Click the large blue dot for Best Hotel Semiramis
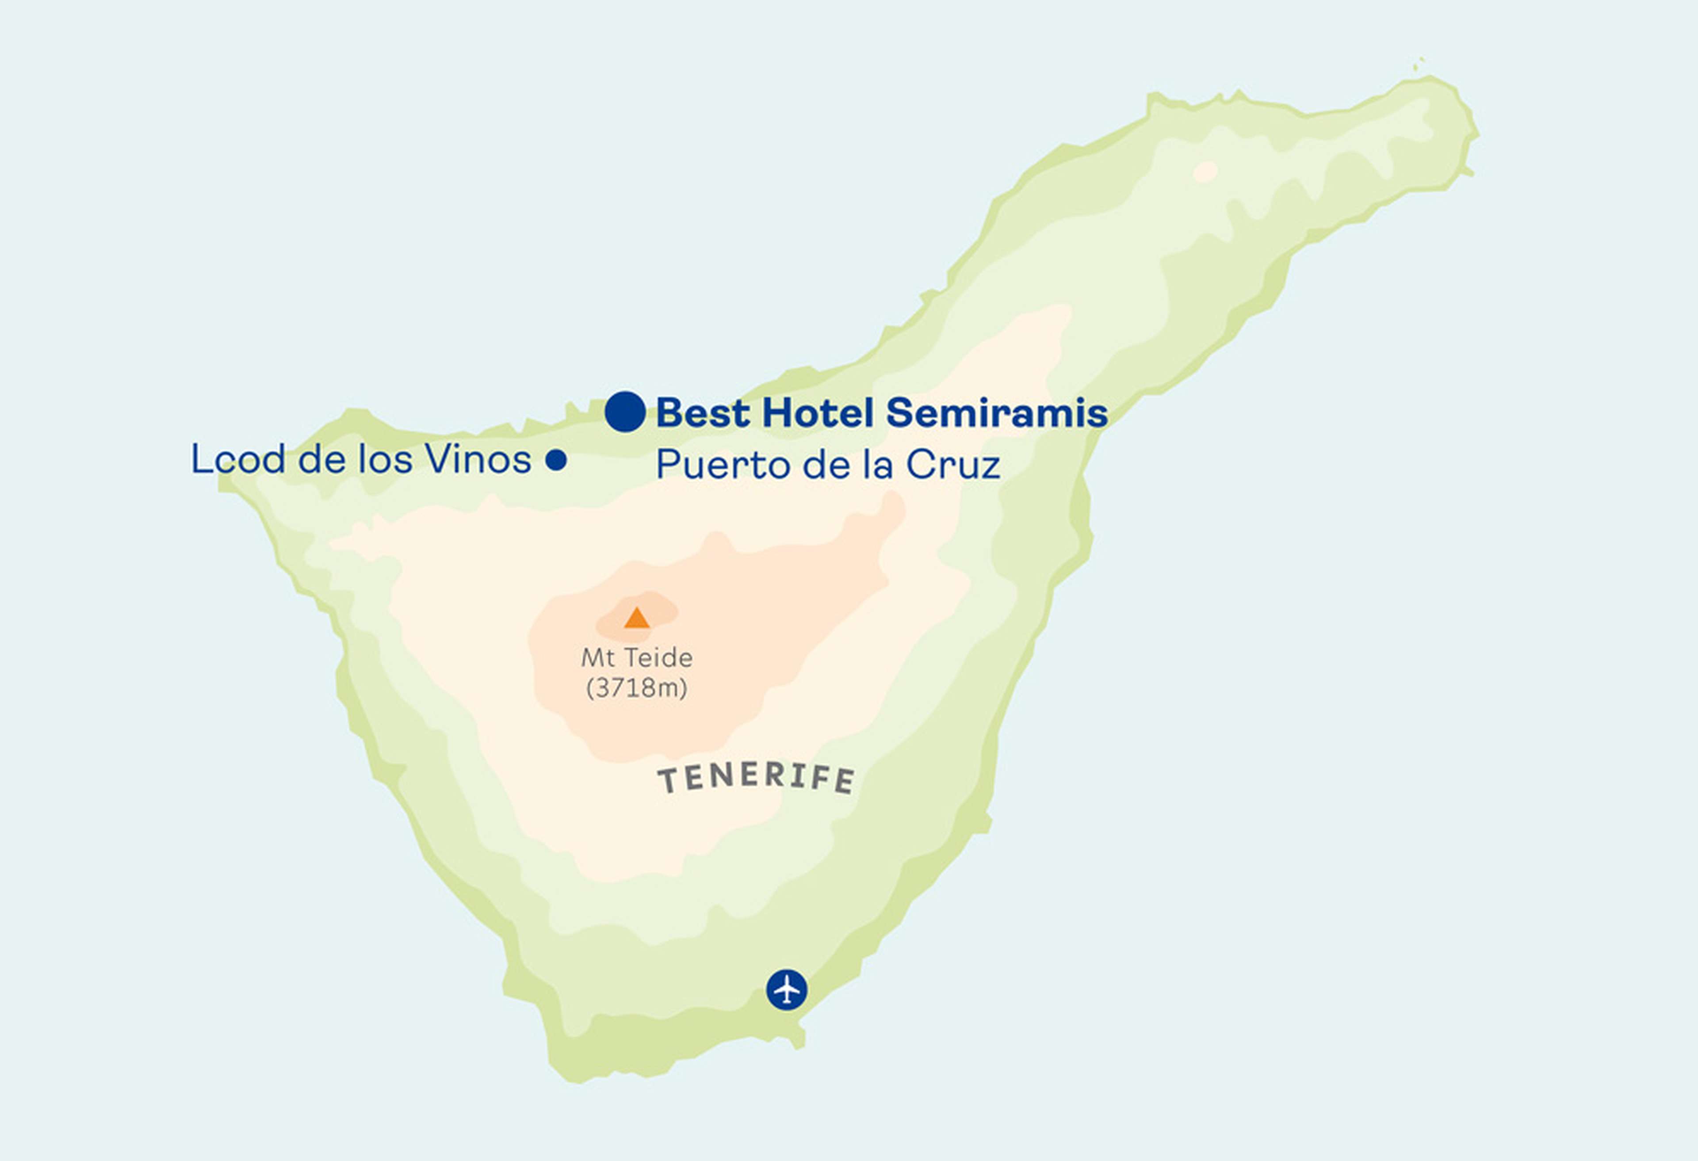click(625, 411)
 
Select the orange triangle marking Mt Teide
click(636, 618)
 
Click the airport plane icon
click(786, 989)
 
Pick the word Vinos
click(478, 459)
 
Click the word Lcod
click(237, 459)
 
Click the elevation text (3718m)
click(636, 688)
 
